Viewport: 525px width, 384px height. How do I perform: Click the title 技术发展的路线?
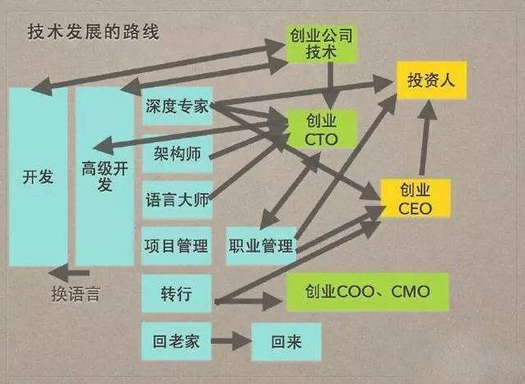tap(93, 32)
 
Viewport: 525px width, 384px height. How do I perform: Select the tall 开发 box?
tap(38, 176)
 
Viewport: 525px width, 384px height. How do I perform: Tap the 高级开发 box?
tap(105, 176)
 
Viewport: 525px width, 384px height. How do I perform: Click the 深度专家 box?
tap(177, 107)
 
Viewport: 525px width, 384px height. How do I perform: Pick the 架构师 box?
tap(177, 154)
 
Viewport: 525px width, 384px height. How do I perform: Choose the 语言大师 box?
tap(177, 200)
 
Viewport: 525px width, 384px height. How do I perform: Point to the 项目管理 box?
tap(177, 246)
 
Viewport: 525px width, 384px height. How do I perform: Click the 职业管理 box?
tap(261, 246)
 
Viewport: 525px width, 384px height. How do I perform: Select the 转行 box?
tap(177, 294)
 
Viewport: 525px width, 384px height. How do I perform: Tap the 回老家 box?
tap(177, 341)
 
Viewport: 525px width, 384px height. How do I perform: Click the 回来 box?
tap(286, 342)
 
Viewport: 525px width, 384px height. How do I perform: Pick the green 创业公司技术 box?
tap(321, 43)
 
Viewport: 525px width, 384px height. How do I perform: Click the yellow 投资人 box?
tap(431, 80)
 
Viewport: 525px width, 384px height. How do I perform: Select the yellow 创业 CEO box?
tap(415, 199)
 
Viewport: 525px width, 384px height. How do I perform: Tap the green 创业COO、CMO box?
tap(367, 292)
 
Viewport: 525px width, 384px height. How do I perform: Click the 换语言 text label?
tap(76, 295)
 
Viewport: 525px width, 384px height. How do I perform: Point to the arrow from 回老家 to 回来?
tap(231, 341)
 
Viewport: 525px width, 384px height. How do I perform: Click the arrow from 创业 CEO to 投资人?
tap(426, 137)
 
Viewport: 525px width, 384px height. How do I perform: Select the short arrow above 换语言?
tap(69, 273)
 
